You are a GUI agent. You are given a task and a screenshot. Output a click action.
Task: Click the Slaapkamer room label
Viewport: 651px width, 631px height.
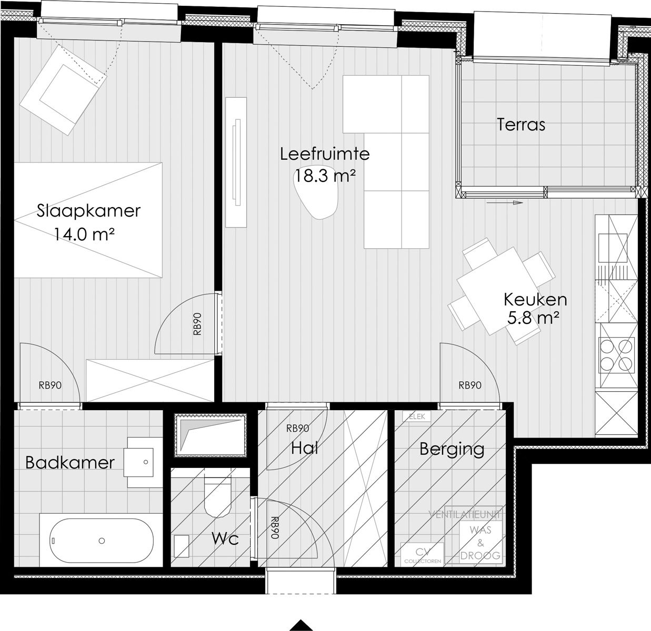[x=88, y=211]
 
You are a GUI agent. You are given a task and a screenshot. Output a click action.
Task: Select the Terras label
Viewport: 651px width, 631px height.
[x=520, y=125]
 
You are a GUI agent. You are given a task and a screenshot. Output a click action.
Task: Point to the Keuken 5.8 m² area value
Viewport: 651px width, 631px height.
[x=533, y=318]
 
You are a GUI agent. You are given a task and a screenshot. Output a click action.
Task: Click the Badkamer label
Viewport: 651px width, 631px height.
[x=70, y=463]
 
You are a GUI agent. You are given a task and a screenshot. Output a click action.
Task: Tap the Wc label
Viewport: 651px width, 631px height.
[x=225, y=538]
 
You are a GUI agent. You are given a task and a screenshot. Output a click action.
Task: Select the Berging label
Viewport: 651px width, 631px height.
[x=452, y=449]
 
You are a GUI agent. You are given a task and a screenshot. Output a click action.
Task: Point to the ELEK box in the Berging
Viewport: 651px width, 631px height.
[x=416, y=416]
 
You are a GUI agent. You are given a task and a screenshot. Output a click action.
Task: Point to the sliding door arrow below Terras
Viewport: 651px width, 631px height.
[x=504, y=202]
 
